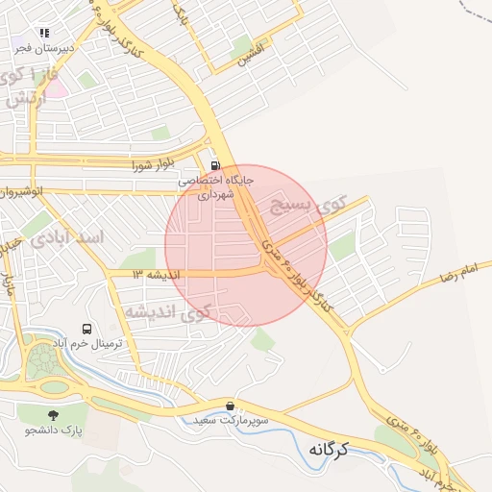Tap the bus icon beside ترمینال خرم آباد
point(88,330)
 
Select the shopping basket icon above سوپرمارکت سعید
point(230,406)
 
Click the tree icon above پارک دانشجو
point(52,414)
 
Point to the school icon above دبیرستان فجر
point(45,33)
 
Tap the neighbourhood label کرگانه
point(342,448)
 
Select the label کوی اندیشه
point(166,311)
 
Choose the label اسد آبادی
point(68,235)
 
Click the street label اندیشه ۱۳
point(156,274)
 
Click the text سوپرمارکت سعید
point(230,420)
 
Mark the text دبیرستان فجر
point(48,46)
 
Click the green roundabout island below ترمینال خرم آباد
point(43,363)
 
